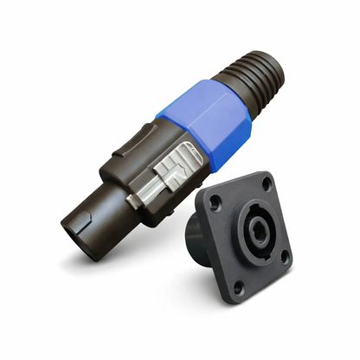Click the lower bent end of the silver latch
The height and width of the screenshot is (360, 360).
138,201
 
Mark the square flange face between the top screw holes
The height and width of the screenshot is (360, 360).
239,196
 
